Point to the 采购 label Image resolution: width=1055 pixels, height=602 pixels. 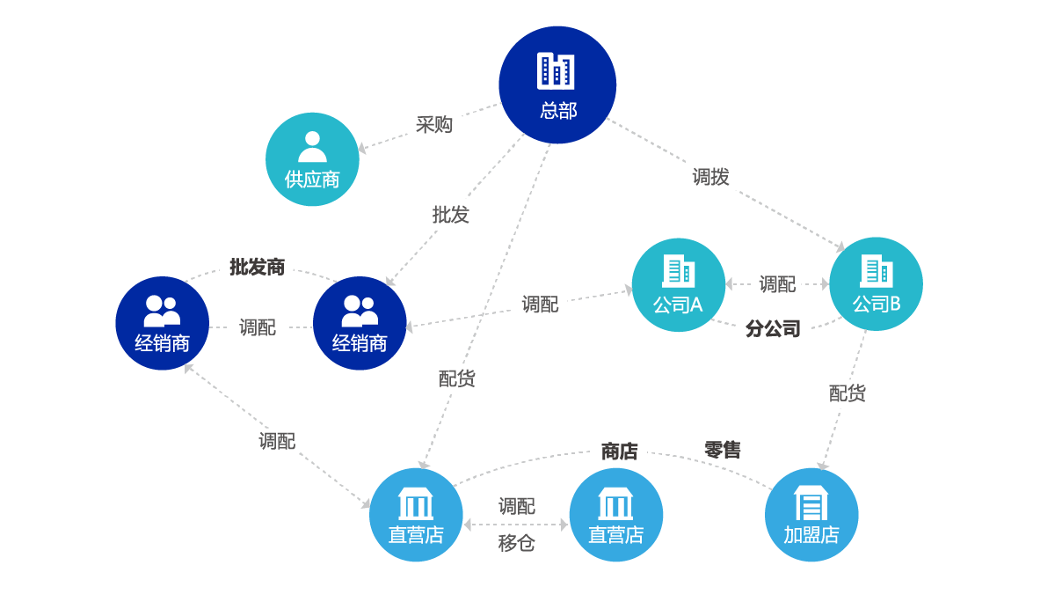click(x=433, y=124)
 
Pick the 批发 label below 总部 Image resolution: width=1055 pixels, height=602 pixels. click(x=451, y=215)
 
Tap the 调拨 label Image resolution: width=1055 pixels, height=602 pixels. click(x=710, y=177)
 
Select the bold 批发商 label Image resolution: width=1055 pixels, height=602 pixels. click(x=257, y=267)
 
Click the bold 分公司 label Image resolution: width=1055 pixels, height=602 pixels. click(x=773, y=329)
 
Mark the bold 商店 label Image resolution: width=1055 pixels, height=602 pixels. click(x=619, y=452)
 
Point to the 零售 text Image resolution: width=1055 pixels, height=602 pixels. click(x=723, y=450)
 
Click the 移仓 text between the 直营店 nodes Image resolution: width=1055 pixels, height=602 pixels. click(x=516, y=543)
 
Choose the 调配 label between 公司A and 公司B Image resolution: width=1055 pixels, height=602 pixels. click(x=777, y=283)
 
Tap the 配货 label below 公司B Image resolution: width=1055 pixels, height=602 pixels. click(x=848, y=393)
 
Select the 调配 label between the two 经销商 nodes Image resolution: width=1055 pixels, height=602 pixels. click(x=258, y=327)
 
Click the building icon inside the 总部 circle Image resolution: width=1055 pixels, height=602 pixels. click(x=556, y=71)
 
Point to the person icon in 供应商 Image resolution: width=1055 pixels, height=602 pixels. click(x=312, y=147)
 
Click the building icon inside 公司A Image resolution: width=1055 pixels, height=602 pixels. click(x=678, y=270)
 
